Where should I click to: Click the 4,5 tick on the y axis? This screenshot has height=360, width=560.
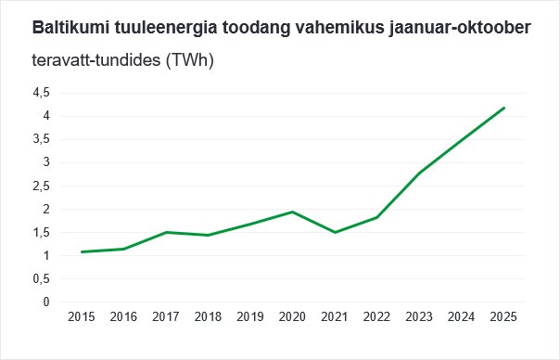coord(40,93)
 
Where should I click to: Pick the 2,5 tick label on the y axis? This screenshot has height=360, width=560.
coord(40,186)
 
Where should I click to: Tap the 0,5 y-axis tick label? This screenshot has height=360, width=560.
coord(40,279)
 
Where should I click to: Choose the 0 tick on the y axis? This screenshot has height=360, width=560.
coord(45,302)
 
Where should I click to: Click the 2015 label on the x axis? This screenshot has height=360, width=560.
coord(82,317)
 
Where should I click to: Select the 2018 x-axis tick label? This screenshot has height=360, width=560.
coord(209,317)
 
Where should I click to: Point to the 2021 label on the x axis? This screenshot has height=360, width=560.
coord(335,317)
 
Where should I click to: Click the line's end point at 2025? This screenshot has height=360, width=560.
coord(503,108)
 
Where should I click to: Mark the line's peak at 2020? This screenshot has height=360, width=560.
coord(293,212)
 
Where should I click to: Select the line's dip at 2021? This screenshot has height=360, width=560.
coord(335,232)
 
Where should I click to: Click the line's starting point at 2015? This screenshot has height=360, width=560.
coord(82,251)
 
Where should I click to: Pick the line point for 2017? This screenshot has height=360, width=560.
coord(166,232)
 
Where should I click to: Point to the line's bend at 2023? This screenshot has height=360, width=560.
coord(419,174)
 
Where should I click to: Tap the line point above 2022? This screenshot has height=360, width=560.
coord(377,217)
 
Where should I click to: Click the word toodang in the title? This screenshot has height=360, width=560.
coord(238,29)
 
